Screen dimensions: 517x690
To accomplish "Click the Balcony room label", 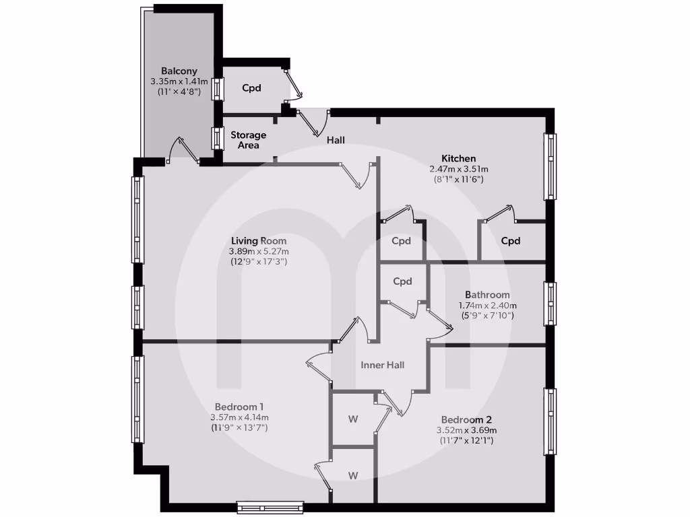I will click(x=179, y=71).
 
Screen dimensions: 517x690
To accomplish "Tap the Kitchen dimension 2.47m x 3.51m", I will click(x=460, y=169).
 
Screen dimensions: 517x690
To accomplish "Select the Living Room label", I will click(x=259, y=240).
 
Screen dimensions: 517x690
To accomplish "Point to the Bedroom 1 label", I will click(x=239, y=407).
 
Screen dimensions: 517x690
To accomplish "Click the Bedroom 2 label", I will click(x=466, y=419).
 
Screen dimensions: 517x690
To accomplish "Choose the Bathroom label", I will click(x=487, y=295).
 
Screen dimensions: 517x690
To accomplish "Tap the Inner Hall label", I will click(x=383, y=365).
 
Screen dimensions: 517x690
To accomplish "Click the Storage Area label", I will click(x=249, y=140).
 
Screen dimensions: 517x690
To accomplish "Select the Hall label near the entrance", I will click(x=336, y=140).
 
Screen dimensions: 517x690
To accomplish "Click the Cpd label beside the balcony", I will click(x=251, y=88).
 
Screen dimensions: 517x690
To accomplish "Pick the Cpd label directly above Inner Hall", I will click(x=402, y=281).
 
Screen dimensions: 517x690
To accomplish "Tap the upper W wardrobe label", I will click(x=352, y=419).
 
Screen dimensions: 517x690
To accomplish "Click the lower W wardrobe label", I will click(x=352, y=475).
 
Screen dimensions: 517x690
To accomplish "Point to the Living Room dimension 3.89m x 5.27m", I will click(x=259, y=251).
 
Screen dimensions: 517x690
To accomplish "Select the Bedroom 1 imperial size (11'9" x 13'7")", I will click(x=239, y=427).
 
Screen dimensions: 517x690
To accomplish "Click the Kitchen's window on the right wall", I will click(x=551, y=166).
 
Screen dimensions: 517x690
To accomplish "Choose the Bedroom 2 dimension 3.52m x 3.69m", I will click(x=466, y=430).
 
